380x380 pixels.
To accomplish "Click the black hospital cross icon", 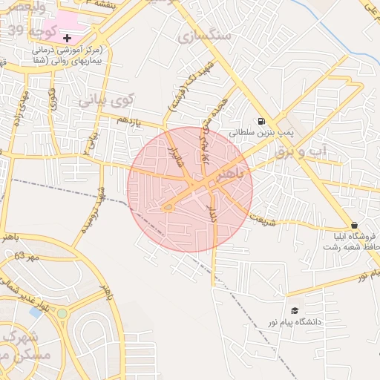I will (x=68, y=37).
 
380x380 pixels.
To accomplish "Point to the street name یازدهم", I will (x=128, y=119).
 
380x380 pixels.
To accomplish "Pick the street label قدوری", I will (x=53, y=101).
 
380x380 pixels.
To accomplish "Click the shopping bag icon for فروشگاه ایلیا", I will (x=354, y=225).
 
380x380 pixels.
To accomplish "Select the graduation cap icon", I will (x=295, y=310).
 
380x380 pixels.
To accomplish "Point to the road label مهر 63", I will (x=25, y=257).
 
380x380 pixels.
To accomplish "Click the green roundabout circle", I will (x=62, y=313).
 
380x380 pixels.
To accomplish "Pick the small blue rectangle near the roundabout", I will (x=36, y=312).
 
